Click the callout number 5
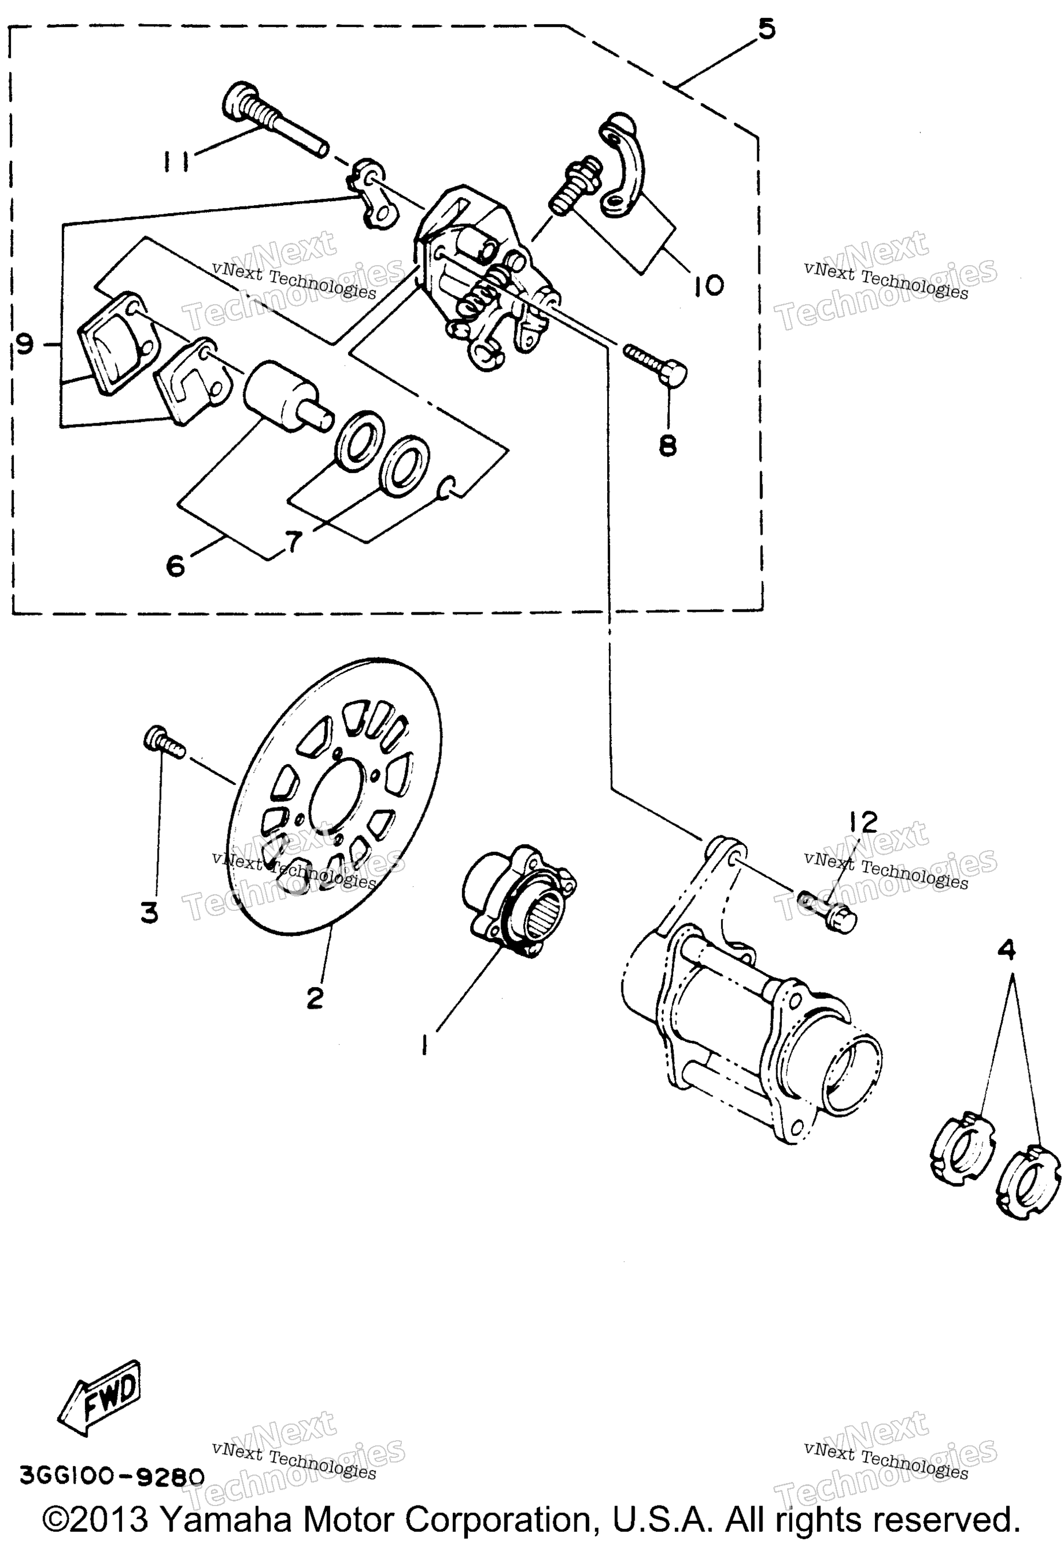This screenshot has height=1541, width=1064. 766,29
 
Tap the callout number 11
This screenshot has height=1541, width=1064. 177,160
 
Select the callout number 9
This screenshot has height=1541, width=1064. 24,344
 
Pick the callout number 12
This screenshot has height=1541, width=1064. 864,823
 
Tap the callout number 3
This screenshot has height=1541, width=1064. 149,912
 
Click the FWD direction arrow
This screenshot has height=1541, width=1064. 100,1397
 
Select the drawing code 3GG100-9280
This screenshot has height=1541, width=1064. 112,1476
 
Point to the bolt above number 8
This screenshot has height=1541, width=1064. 655,363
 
